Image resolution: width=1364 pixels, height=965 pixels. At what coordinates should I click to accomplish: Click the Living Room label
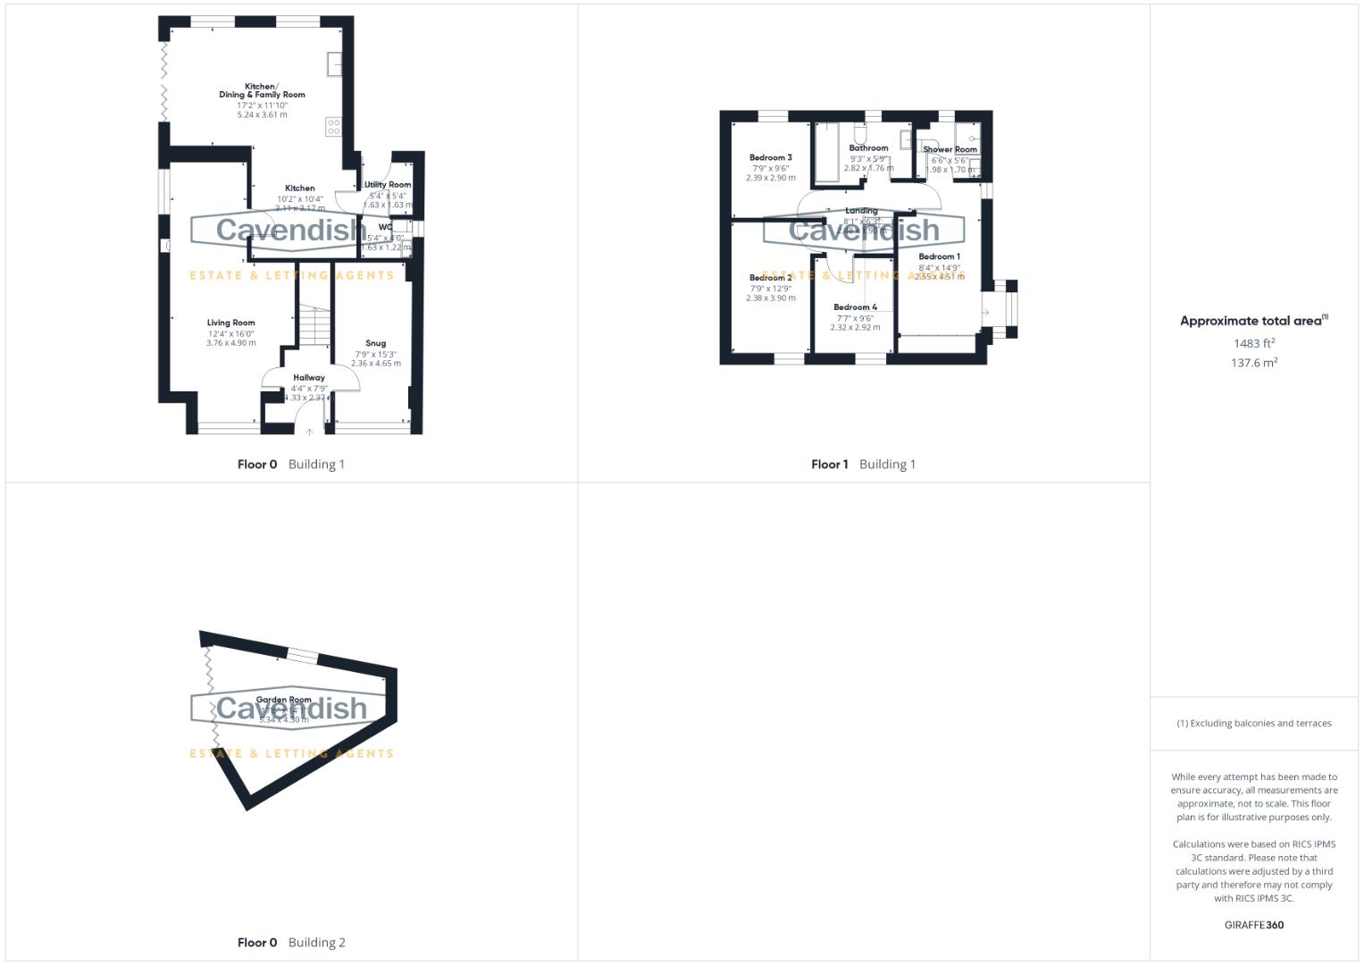(230, 323)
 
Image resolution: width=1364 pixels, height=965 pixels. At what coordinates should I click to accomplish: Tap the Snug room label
(375, 343)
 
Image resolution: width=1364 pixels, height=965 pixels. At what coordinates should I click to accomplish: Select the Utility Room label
(388, 185)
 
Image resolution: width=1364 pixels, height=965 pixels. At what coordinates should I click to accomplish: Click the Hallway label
(309, 378)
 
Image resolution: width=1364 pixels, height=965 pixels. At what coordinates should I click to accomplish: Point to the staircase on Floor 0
(314, 326)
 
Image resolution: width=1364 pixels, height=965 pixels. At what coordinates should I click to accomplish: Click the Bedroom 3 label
(770, 157)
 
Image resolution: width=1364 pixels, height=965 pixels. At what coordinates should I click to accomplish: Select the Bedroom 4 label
(855, 307)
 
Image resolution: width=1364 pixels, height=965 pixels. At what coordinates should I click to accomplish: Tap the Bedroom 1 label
(939, 256)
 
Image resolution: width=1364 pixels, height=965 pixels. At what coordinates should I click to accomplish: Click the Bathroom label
(868, 148)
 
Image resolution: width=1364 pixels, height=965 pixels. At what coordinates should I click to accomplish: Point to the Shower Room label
(950, 150)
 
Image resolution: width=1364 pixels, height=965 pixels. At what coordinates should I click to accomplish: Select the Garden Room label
(283, 700)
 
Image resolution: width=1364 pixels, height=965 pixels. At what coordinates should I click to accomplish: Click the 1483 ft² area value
(1254, 343)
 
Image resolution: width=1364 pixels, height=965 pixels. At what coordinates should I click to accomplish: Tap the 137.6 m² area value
(1254, 363)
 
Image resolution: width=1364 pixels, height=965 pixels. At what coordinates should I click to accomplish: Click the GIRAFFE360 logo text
(1253, 925)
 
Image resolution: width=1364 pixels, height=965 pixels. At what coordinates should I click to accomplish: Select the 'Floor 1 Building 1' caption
(863, 464)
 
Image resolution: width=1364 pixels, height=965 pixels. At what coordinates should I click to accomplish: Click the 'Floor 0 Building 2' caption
(291, 942)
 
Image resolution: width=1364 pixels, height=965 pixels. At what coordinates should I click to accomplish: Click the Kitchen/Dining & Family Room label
(262, 90)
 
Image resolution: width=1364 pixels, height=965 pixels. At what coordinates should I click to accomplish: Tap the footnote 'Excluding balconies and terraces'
(1253, 723)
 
